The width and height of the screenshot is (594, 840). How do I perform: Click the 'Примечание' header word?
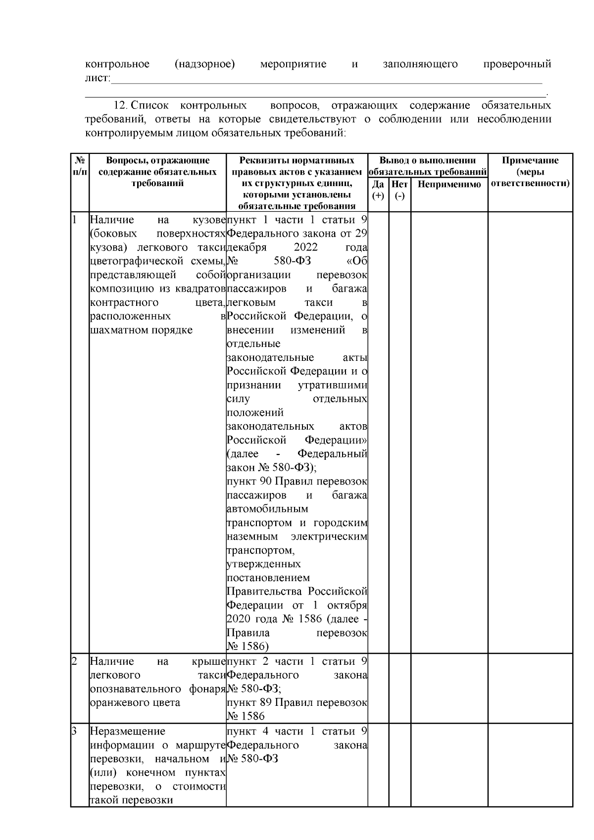click(x=530, y=160)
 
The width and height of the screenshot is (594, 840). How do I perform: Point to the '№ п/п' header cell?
click(x=80, y=166)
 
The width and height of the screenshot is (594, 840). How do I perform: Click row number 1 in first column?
click(x=74, y=220)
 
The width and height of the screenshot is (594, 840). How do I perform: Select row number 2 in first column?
click(x=74, y=661)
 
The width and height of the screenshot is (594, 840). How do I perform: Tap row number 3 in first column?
click(x=74, y=731)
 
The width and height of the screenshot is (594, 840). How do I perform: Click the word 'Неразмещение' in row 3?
click(x=128, y=731)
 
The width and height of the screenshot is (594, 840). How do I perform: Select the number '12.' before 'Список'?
click(x=121, y=105)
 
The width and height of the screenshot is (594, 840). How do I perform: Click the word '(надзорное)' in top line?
click(x=204, y=64)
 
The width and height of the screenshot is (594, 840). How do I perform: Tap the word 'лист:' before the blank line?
click(x=98, y=78)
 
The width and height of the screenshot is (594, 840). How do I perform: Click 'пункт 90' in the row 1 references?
click(x=248, y=482)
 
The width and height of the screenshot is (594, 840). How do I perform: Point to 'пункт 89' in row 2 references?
click(x=248, y=702)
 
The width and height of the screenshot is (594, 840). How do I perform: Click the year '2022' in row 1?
click(x=305, y=247)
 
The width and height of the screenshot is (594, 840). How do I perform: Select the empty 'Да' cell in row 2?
click(x=378, y=688)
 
